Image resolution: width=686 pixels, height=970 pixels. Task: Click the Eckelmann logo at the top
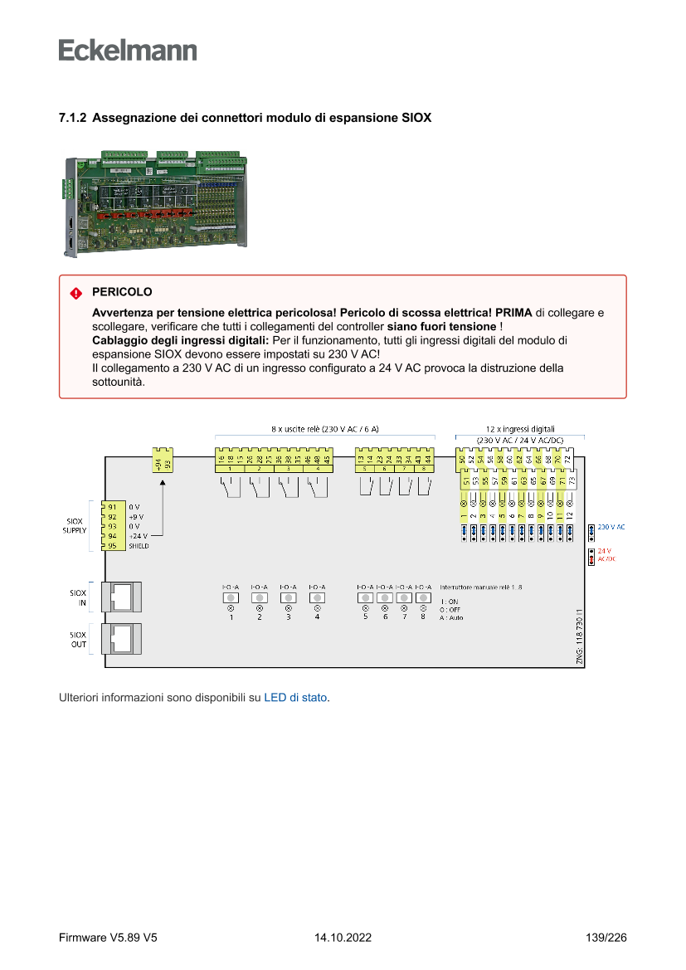tap(128, 50)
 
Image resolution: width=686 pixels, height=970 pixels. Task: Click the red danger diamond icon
tap(75, 293)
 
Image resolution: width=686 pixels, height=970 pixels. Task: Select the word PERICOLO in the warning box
tap(122, 293)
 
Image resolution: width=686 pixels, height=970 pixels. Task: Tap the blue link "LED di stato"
tap(295, 698)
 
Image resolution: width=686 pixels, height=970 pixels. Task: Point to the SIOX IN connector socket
tap(121, 597)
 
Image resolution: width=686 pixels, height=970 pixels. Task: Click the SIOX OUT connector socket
tap(121, 638)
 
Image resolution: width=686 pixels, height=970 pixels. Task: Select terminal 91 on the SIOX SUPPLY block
tap(112, 506)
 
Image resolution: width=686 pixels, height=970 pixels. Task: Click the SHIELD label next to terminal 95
tap(139, 546)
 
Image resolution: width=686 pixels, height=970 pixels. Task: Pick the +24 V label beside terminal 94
tap(138, 536)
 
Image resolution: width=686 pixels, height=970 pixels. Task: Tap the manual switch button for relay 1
tap(231, 597)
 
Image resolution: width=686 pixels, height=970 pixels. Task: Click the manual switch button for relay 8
tap(423, 597)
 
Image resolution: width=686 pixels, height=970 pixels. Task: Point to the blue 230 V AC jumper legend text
tap(611, 527)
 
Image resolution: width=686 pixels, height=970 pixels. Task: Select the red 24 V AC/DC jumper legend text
tap(606, 554)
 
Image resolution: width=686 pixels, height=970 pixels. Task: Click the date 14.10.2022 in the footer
tap(343, 938)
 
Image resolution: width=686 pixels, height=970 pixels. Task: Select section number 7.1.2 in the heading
tap(72, 118)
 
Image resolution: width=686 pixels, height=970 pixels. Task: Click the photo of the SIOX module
tap(154, 203)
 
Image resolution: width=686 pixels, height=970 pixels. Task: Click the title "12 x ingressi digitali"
tap(520, 429)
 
